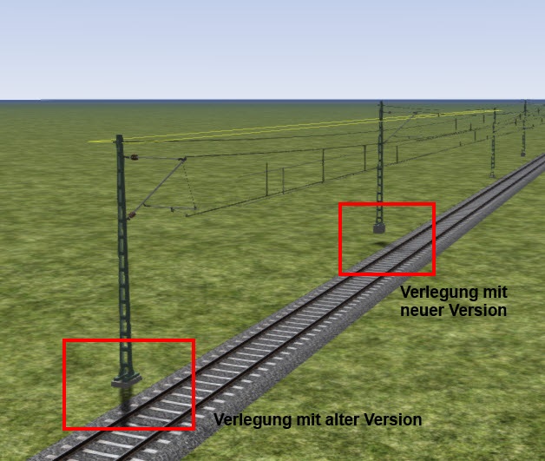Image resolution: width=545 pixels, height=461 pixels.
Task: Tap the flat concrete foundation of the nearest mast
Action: (127, 380)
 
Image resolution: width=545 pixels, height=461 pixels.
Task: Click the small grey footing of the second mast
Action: (379, 228)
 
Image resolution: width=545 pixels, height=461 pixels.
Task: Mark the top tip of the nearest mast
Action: (120, 136)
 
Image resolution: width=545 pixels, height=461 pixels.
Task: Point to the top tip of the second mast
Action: (381, 102)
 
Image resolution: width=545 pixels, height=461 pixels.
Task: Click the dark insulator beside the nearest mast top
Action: (135, 158)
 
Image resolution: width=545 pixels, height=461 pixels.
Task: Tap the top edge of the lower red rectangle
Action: (128, 340)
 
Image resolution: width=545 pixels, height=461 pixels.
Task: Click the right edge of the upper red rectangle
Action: (433, 239)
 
